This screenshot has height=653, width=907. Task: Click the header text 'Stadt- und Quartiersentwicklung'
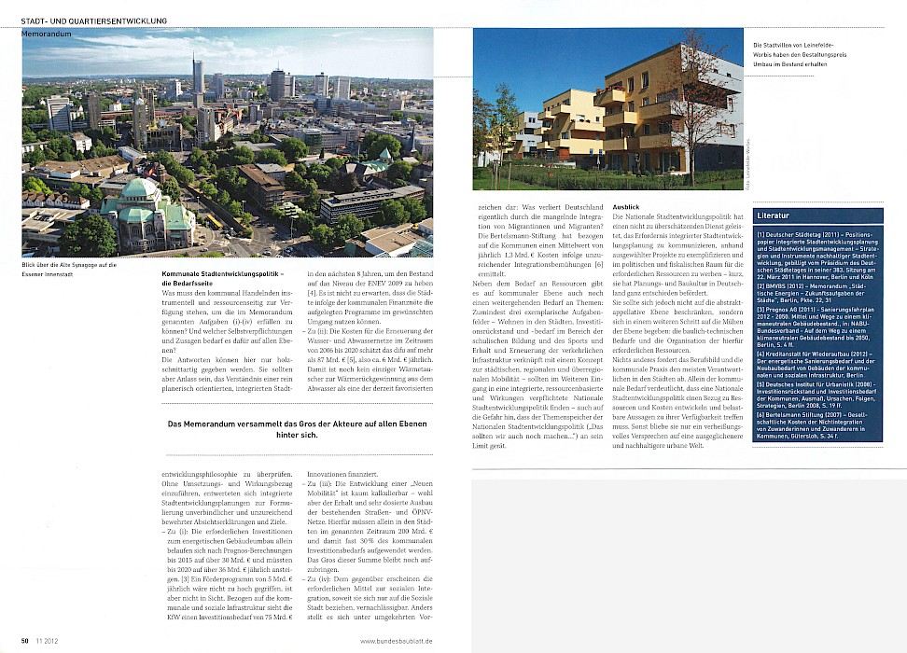95,20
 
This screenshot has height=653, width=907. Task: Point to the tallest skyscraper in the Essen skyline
198,80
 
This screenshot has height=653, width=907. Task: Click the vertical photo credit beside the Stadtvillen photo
747,170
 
